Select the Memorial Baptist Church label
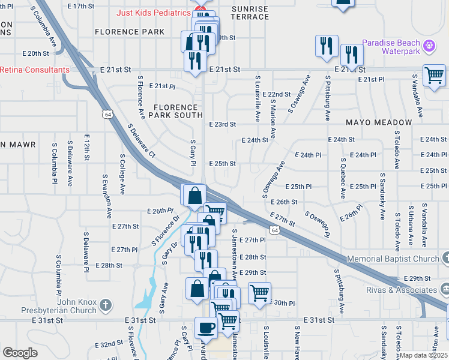click(394, 259)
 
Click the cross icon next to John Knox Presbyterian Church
click(105, 305)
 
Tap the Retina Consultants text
click(34, 70)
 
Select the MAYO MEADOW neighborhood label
click(379, 122)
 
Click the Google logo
click(20, 353)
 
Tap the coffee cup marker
click(206, 328)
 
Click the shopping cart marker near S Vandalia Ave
click(433, 76)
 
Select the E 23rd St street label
click(222, 124)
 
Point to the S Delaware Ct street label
click(142, 142)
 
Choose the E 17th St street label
click(82, 5)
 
